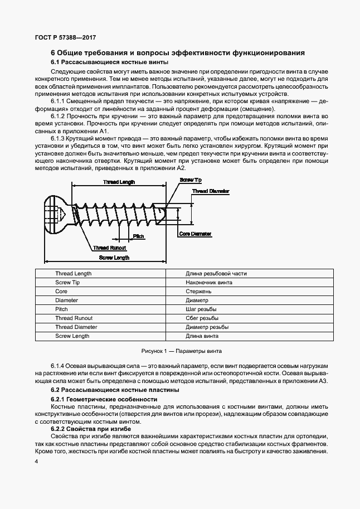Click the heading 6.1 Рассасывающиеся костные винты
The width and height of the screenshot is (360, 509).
98,62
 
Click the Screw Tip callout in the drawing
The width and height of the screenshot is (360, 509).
191,180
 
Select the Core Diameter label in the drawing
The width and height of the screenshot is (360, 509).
195,234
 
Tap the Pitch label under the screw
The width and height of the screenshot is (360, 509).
139,236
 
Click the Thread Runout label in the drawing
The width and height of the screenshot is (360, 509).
110,248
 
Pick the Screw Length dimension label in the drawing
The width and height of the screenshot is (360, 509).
114,258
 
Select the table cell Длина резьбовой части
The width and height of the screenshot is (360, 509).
216,274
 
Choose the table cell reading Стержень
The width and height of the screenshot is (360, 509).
198,292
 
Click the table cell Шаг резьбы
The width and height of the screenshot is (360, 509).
201,309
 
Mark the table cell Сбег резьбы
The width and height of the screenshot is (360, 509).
202,318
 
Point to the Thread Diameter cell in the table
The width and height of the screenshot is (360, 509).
76,327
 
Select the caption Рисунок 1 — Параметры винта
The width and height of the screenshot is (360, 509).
181,352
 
